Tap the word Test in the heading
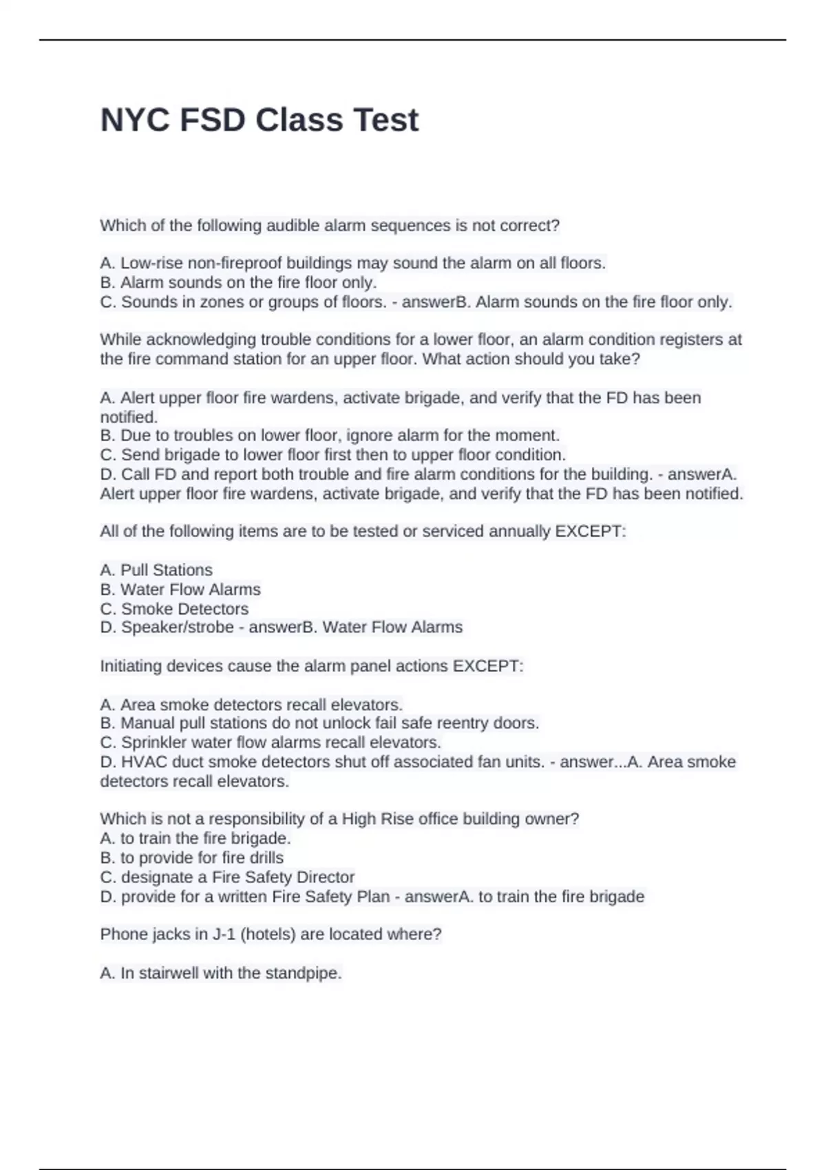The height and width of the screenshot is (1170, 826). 385,120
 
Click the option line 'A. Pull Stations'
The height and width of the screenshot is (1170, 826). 156,570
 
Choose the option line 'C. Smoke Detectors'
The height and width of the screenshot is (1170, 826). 174,609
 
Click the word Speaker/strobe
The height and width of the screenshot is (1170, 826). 177,628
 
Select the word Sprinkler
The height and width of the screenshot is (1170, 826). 156,743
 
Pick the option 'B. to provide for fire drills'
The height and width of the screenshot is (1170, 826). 191,858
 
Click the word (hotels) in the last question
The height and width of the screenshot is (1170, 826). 268,935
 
